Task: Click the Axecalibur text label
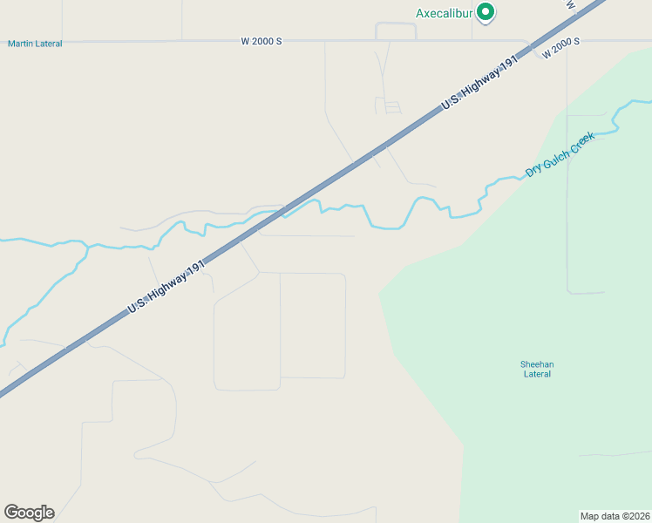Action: [x=445, y=14]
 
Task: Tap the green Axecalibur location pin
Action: [x=486, y=12]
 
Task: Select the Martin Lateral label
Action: [x=35, y=44]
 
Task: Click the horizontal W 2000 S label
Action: [x=262, y=41]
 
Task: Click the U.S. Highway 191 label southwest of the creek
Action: [x=167, y=285]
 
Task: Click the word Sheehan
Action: [x=537, y=364]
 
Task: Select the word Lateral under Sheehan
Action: [x=537, y=375]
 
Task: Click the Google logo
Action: [x=29, y=513]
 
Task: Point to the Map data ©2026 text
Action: [x=615, y=515]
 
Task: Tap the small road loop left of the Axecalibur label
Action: [x=396, y=30]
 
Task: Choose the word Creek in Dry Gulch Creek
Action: [x=582, y=142]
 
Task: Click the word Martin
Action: [x=22, y=44]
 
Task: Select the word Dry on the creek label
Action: [x=533, y=170]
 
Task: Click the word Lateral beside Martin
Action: [x=49, y=44]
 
